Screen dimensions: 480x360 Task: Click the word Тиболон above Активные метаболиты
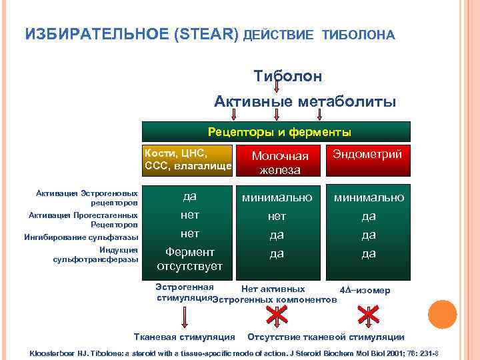pyautogui.click(x=287, y=76)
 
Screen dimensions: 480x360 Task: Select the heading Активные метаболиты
pyautogui.click(x=305, y=101)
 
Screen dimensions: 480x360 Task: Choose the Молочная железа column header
pyautogui.click(x=280, y=163)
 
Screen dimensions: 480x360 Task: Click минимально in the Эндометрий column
pyautogui.click(x=369, y=198)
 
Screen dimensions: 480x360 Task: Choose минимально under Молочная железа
pyautogui.click(x=277, y=198)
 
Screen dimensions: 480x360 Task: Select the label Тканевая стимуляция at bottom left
pyautogui.click(x=185, y=337)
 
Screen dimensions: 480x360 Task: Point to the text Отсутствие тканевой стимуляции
pyautogui.click(x=325, y=337)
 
